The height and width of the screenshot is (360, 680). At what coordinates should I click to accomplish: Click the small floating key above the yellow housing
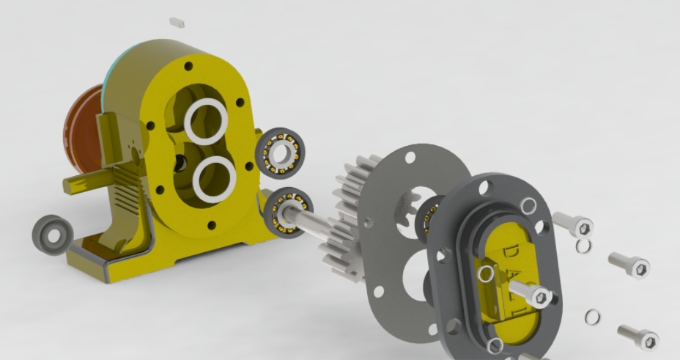click(x=177, y=23)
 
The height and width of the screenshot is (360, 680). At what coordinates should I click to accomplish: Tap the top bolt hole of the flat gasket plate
click(x=410, y=157)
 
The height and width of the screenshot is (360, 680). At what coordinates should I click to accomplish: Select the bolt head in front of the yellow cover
click(x=540, y=297)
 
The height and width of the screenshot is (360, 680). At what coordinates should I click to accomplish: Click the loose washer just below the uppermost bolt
click(x=583, y=246)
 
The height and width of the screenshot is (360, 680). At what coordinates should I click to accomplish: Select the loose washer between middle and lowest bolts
click(x=592, y=317)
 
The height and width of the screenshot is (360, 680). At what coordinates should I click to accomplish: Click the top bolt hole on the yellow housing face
click(x=188, y=67)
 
